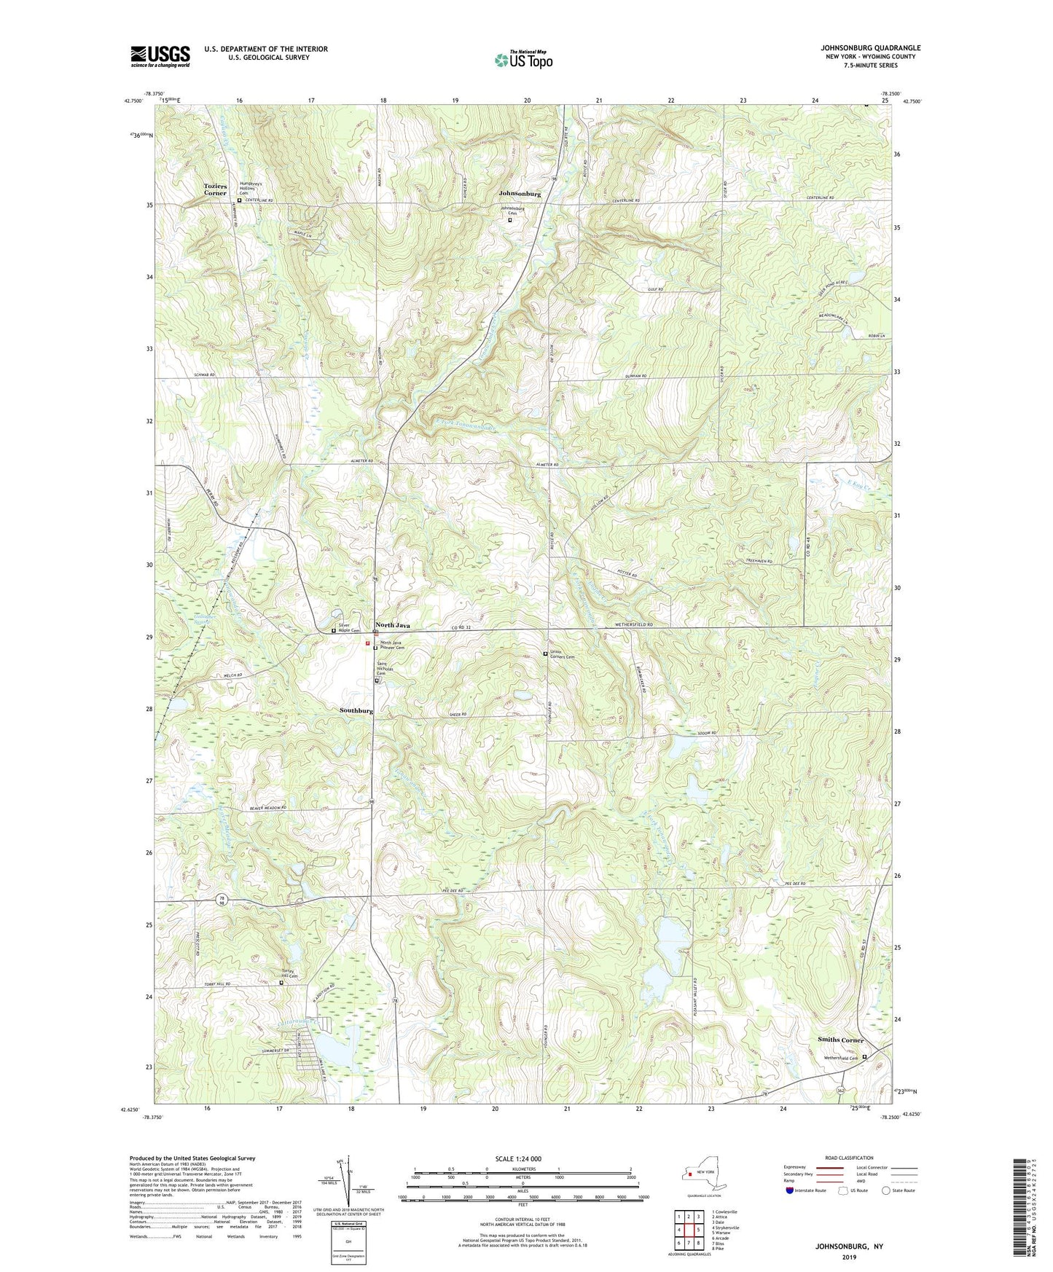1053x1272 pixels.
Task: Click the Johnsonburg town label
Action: pos(520,195)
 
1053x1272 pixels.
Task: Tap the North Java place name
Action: pos(392,625)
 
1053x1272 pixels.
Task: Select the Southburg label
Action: pos(356,710)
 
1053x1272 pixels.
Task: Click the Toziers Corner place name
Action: pos(215,189)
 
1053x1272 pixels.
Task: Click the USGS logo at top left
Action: pos(160,56)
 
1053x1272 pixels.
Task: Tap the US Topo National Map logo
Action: pos(522,60)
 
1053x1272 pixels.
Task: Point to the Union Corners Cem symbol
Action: pos(545,654)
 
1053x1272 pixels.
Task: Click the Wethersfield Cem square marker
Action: pos(865,1057)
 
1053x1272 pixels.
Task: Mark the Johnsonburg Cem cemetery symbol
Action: pos(509,219)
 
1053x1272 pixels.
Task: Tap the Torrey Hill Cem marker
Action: pos(281,983)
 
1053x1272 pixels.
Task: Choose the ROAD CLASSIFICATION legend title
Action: pos(849,1158)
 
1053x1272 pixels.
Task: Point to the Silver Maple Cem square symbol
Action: pos(334,631)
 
